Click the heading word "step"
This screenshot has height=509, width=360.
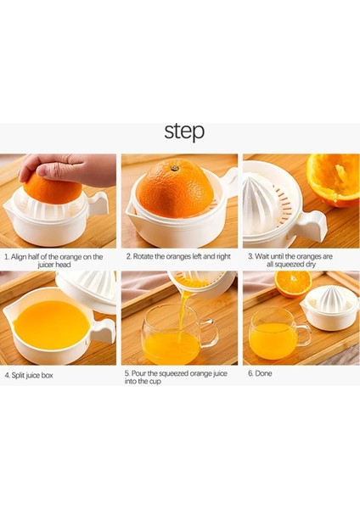coord(184,131)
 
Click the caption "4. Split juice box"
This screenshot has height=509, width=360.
coord(29,374)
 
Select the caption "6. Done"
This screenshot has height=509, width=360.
coord(260,373)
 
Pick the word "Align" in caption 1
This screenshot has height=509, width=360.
coord(20,255)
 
